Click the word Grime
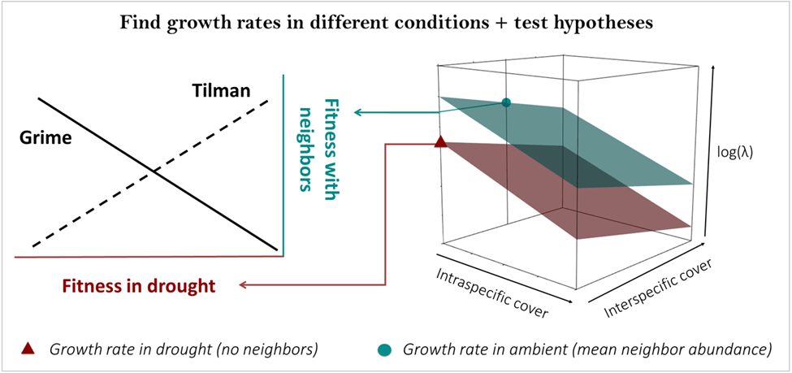(45, 138)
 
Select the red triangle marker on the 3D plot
(440, 142)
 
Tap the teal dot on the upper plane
(506, 102)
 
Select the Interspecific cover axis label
(659, 288)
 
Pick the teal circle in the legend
(384, 349)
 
